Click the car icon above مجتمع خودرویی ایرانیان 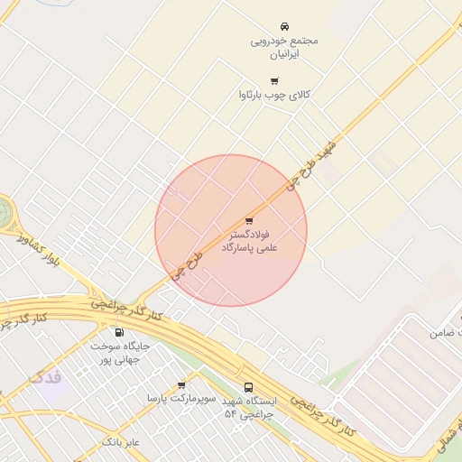point(284,26)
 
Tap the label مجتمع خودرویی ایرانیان point(284,47)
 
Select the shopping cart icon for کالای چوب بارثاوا point(274,80)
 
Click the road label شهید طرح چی point(310,163)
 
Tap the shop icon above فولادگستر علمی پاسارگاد point(249,220)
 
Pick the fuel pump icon point(119,332)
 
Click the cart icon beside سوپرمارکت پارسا point(181,385)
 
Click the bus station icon point(249,388)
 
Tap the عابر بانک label point(120,442)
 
